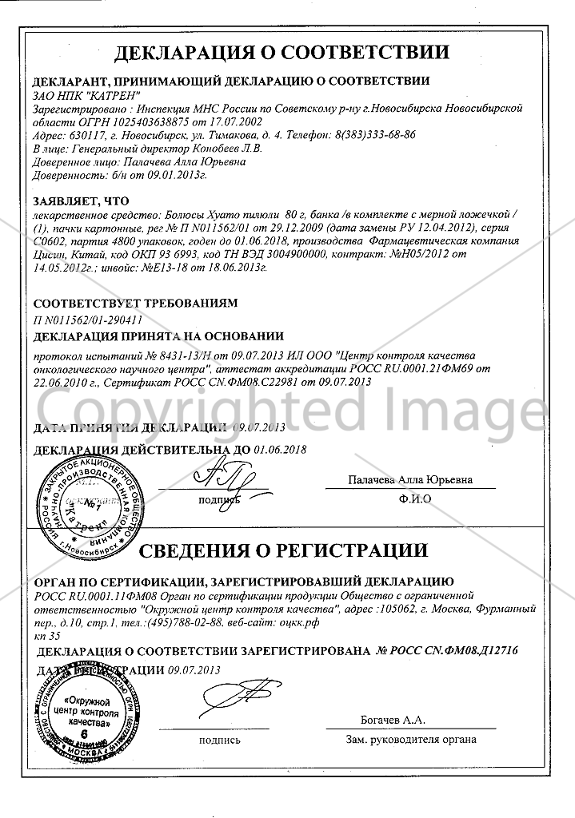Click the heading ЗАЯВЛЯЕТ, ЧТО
click(78, 201)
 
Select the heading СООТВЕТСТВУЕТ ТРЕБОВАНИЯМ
click(134, 304)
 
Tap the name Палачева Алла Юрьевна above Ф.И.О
click(410, 480)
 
